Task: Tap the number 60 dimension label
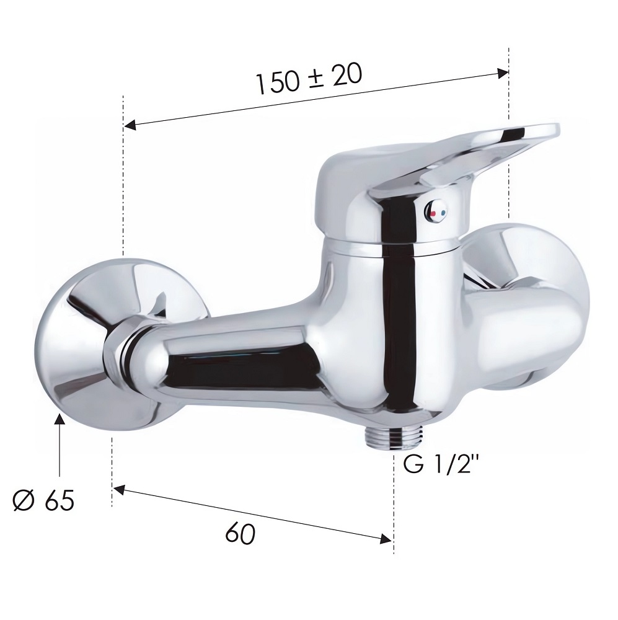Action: (241, 534)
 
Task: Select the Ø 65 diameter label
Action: (43, 500)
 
